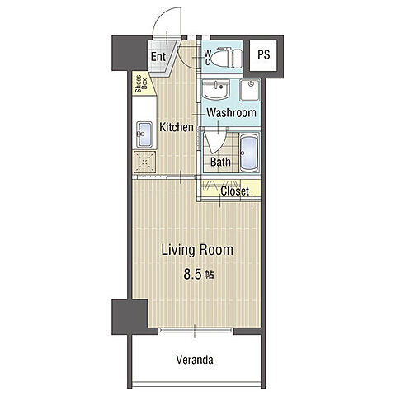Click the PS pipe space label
(264, 54)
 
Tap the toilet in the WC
(228, 57)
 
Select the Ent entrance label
(158, 57)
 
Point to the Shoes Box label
(141, 84)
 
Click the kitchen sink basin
(144, 134)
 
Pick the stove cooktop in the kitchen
(144, 162)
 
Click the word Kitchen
(177, 127)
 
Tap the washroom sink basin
(215, 89)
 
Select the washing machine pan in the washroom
(249, 90)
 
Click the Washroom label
(231, 113)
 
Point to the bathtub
(249, 153)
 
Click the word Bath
(220, 162)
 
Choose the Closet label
(235, 191)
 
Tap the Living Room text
(197, 250)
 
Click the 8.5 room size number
(192, 275)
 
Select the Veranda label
(195, 360)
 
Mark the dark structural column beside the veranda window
(130, 317)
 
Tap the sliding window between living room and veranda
(196, 330)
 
